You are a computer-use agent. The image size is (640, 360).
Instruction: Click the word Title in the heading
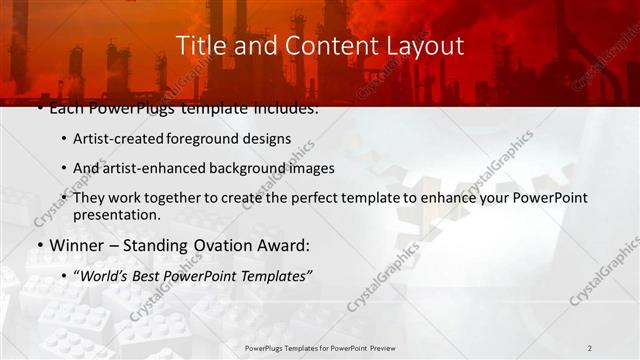click(200, 46)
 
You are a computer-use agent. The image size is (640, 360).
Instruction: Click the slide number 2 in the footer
click(589, 348)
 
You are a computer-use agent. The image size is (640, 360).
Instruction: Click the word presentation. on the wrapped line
click(117, 214)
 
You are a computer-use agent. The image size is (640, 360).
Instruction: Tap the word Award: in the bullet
click(281, 245)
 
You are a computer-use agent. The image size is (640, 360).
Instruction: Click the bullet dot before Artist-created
click(64, 139)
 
